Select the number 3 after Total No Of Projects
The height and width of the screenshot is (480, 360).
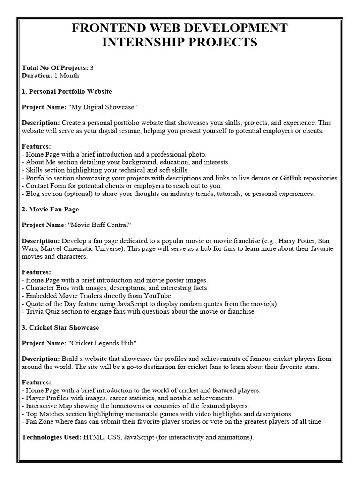[92, 68]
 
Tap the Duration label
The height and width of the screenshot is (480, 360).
[37, 75]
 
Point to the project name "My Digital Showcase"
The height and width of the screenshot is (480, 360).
[103, 107]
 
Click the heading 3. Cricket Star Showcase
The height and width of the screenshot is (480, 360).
[60, 327]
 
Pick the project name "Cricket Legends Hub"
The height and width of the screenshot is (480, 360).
[103, 343]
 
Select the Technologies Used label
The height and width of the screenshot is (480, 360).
[52, 438]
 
